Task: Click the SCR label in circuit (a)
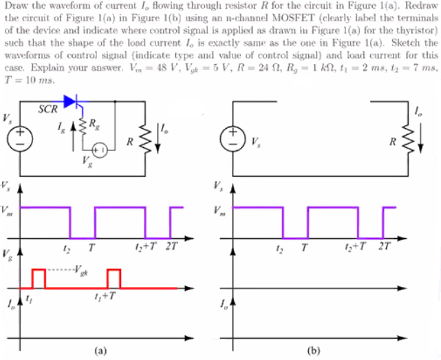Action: click(x=47, y=109)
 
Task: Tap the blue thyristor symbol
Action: click(x=73, y=102)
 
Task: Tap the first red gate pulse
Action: click(x=39, y=278)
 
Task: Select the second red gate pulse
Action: click(x=114, y=278)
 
